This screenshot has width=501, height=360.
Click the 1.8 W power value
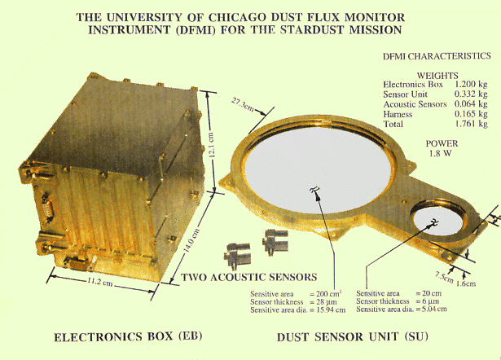coord(437,152)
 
